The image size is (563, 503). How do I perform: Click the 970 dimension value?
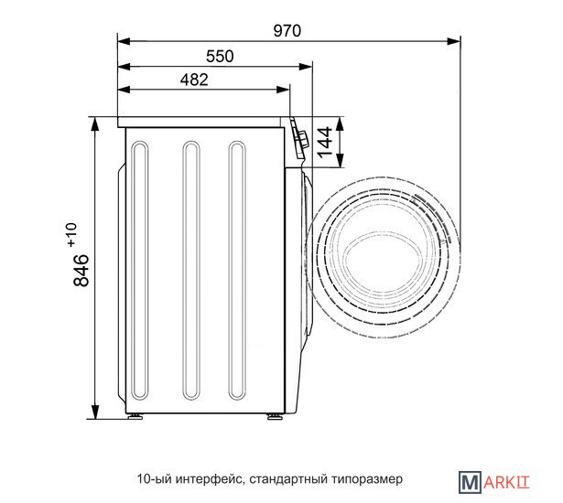pyautogui.click(x=287, y=31)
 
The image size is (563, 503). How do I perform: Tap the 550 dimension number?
pyautogui.click(x=220, y=57)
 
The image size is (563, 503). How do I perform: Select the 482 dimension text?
pyautogui.click(x=194, y=80)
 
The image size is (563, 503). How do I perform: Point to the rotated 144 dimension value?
pyautogui.click(x=324, y=142)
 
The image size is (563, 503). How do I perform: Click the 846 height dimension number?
pyautogui.click(x=81, y=270)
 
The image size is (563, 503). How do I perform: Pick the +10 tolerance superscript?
pyautogui.click(x=71, y=235)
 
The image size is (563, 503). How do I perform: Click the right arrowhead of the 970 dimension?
pyautogui.click(x=453, y=41)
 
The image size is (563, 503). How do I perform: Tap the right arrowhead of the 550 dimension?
pyautogui.click(x=306, y=67)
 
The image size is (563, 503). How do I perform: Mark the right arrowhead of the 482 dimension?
pyautogui.click(x=283, y=90)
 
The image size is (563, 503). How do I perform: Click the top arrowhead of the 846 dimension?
pyautogui.click(x=95, y=124)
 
